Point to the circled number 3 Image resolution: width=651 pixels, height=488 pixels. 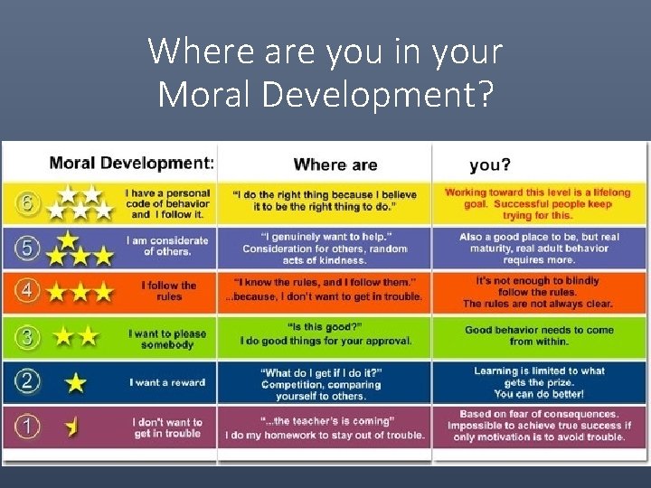(27, 338)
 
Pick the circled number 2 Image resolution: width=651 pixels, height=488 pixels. (27, 381)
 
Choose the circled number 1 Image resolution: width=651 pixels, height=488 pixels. (27, 426)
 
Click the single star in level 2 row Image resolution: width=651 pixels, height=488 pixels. (76, 383)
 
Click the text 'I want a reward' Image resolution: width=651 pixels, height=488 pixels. (168, 382)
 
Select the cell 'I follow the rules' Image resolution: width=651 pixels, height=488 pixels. (168, 291)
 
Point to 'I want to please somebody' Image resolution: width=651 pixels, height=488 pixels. (167, 339)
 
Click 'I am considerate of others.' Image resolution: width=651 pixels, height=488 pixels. (168, 246)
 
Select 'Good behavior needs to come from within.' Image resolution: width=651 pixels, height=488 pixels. (540, 335)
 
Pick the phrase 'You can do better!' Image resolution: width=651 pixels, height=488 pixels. (539, 394)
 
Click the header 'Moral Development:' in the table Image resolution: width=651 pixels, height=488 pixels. (131, 163)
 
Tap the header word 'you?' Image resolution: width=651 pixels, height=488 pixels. (490, 164)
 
